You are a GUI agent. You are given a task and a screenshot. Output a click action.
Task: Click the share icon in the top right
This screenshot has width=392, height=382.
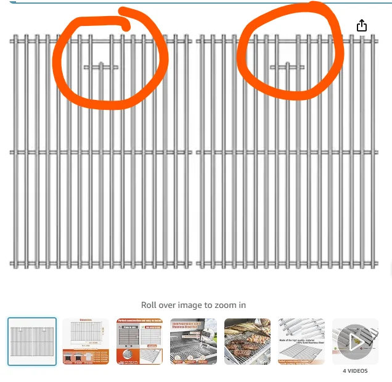click(362, 25)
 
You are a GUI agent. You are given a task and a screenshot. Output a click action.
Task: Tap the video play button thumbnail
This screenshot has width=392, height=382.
click(354, 341)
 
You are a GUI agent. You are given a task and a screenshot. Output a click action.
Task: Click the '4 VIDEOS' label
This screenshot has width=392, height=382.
click(354, 371)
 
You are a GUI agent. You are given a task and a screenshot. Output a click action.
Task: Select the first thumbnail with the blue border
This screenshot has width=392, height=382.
click(32, 341)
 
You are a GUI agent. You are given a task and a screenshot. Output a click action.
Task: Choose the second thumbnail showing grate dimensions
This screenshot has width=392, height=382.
click(86, 341)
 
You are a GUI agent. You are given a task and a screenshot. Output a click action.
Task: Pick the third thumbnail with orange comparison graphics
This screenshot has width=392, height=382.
click(139, 341)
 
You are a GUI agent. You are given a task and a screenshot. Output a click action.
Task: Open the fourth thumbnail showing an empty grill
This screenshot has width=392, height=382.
click(194, 341)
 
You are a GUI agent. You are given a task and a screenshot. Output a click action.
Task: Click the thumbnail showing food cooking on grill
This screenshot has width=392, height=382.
click(247, 341)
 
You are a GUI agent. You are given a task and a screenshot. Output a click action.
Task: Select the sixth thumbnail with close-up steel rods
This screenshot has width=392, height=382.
click(301, 341)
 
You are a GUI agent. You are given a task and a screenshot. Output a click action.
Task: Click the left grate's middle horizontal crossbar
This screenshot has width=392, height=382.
click(62, 152)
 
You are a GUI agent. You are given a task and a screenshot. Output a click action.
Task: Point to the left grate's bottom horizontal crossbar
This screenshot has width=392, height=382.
click(62, 264)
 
